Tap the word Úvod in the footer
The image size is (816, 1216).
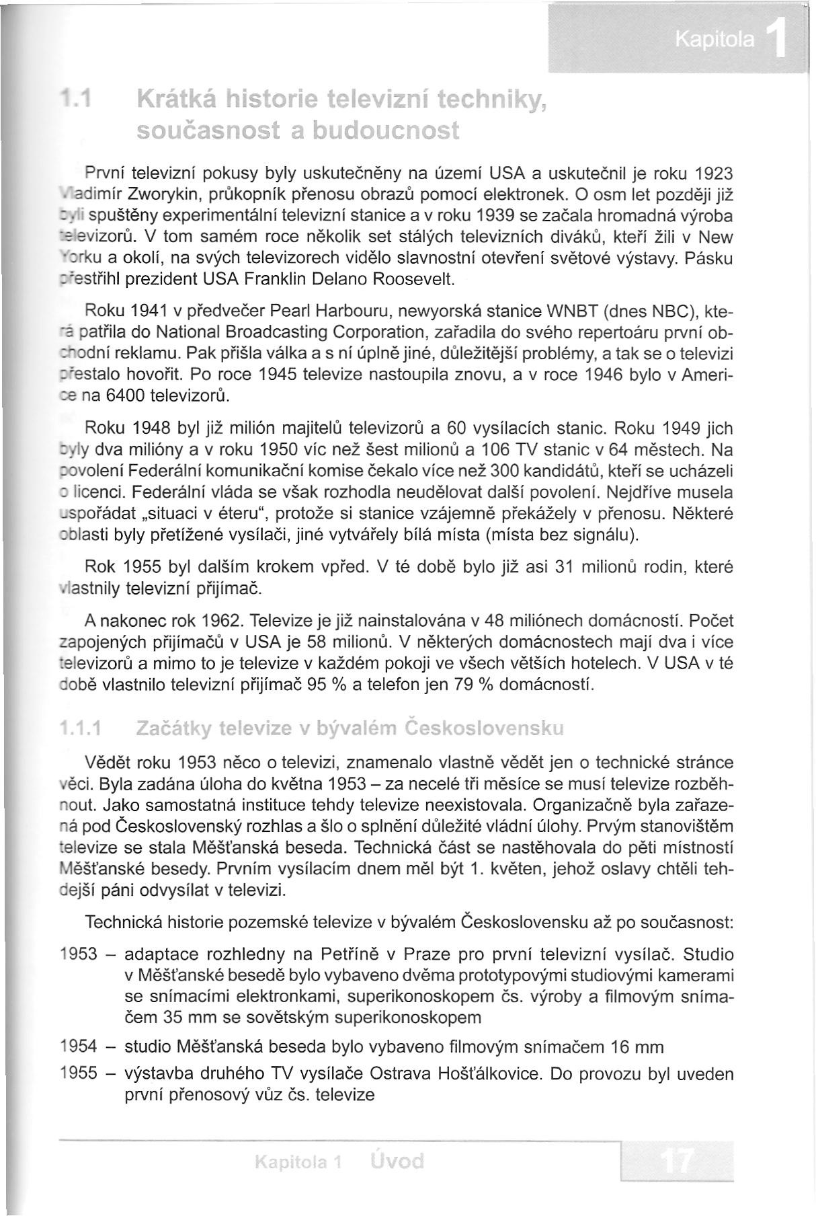(397, 1162)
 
